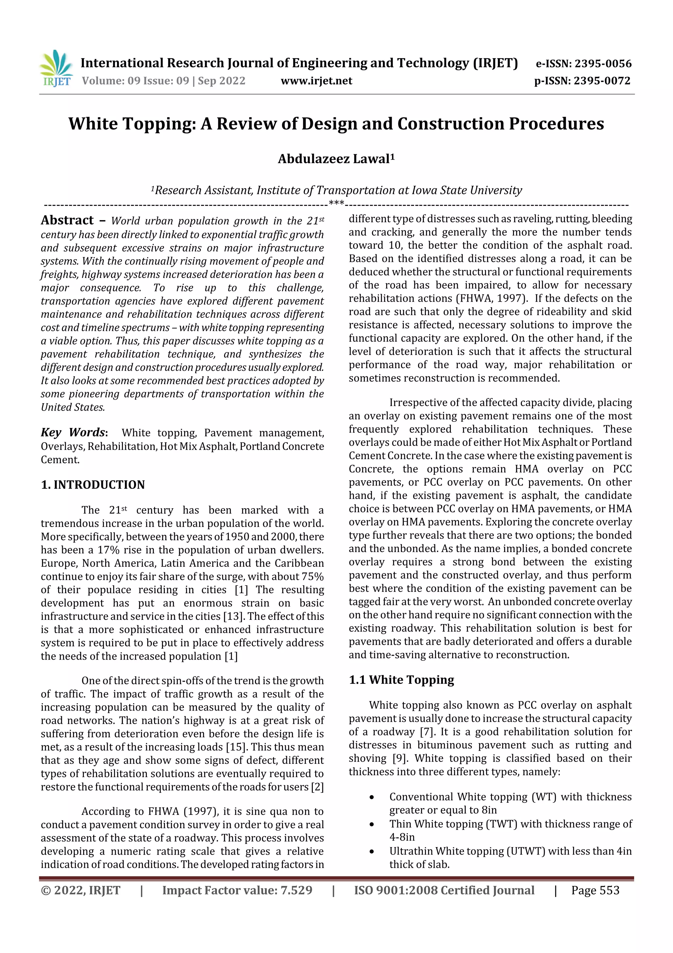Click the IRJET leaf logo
56,68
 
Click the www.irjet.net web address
316,81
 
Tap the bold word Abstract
67,220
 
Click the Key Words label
73,433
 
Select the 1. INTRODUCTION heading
93,485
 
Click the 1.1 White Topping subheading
401,680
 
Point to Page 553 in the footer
595,890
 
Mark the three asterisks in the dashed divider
336,203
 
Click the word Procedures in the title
556,123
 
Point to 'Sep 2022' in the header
221,81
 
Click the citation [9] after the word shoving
400,758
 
